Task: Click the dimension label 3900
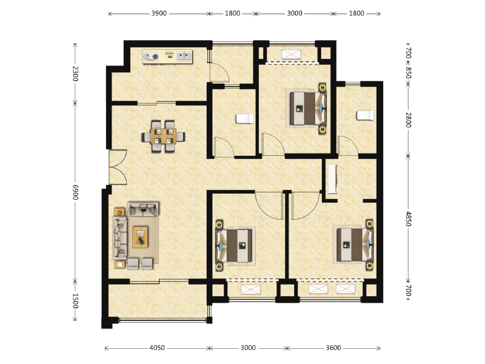pyautogui.click(x=159, y=13)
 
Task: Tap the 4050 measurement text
pyautogui.click(x=157, y=348)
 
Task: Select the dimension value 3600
pyautogui.click(x=333, y=348)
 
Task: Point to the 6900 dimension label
pyautogui.click(x=75, y=192)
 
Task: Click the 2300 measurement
pyautogui.click(x=75, y=73)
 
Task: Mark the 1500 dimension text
pyautogui.click(x=75, y=301)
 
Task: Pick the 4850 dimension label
pyautogui.click(x=408, y=219)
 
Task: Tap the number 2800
pyautogui.click(x=408, y=120)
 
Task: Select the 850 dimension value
pyautogui.click(x=408, y=73)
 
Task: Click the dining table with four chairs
pyautogui.click(x=163, y=136)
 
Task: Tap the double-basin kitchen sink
pyautogui.click(x=184, y=56)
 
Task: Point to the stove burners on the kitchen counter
pyautogui.click(x=151, y=56)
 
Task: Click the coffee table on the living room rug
pyautogui.click(x=140, y=237)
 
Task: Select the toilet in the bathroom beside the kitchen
pyautogui.click(x=245, y=118)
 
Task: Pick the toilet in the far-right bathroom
pyautogui.click(x=366, y=115)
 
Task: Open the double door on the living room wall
pyautogui.click(x=118, y=167)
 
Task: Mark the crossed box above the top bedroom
pyautogui.click(x=292, y=54)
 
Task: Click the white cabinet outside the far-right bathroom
pyautogui.click(x=332, y=179)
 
